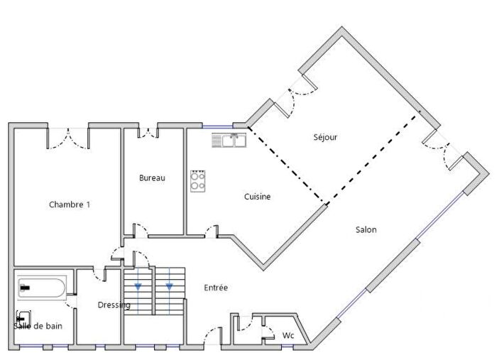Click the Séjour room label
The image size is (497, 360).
(324, 137)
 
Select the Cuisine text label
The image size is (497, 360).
(257, 197)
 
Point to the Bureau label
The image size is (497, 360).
(152, 178)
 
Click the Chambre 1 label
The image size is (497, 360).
(70, 204)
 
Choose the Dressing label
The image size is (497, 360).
(114, 305)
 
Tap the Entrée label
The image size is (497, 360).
(216, 288)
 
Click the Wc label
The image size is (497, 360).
(288, 334)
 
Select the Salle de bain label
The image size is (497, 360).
(38, 326)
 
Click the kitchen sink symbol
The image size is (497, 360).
(229, 141)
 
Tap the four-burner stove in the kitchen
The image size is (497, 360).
(198, 182)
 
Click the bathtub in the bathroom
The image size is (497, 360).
(40, 288)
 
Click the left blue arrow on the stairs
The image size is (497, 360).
(138, 287)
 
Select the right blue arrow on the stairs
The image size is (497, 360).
(169, 287)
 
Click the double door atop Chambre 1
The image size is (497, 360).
(68, 138)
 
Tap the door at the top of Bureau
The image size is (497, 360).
(148, 132)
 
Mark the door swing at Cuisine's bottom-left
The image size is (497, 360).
(211, 229)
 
